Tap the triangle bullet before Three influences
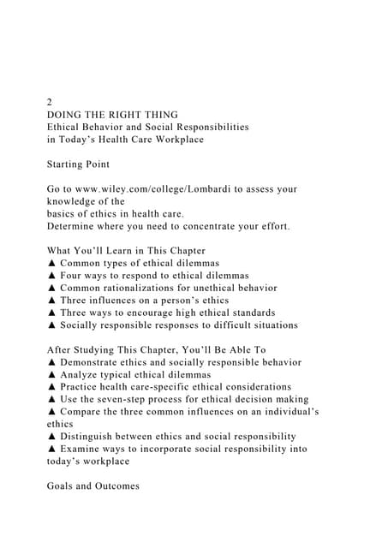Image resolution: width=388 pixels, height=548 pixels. point(51,301)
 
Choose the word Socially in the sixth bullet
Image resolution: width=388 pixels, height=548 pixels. point(83,325)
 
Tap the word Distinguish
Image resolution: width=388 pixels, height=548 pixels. point(94,437)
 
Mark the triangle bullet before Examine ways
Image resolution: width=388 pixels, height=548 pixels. point(51,449)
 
